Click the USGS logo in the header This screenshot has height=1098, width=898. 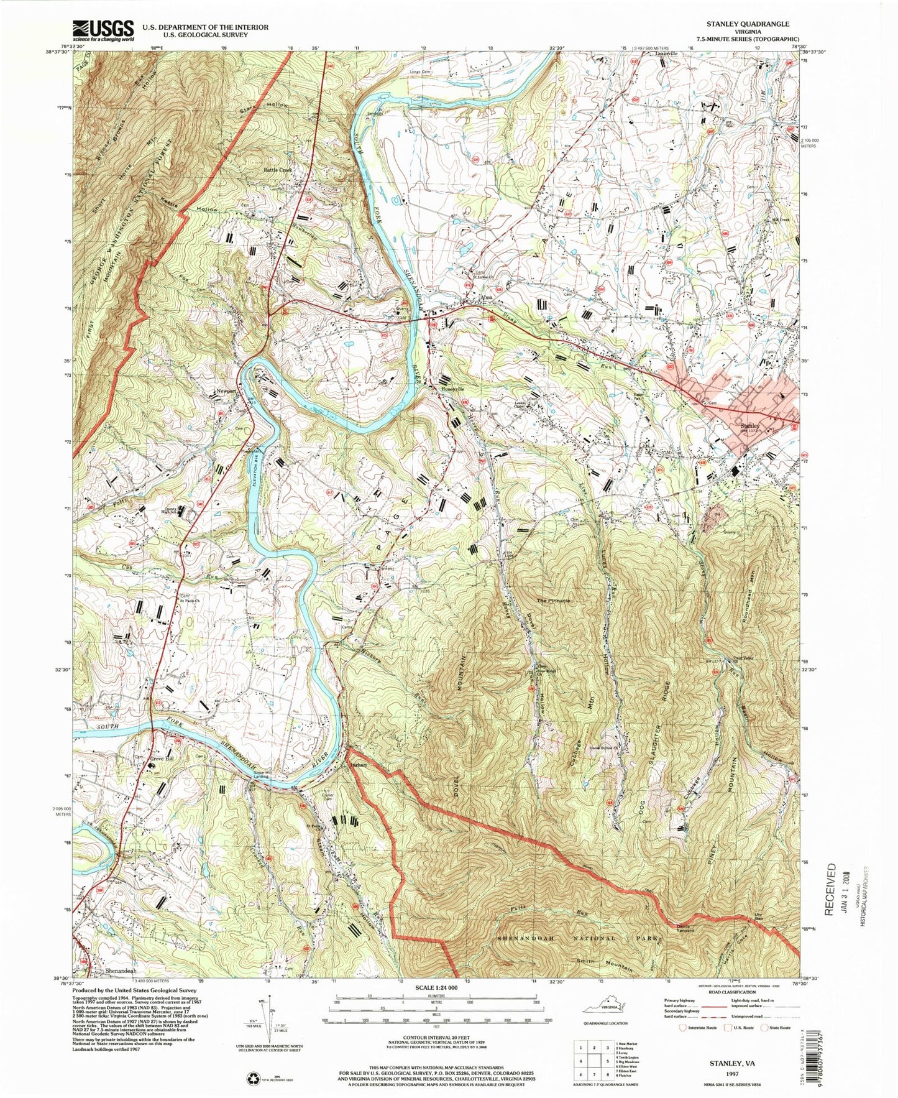pyautogui.click(x=103, y=30)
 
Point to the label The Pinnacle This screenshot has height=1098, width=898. pyautogui.click(x=554, y=601)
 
